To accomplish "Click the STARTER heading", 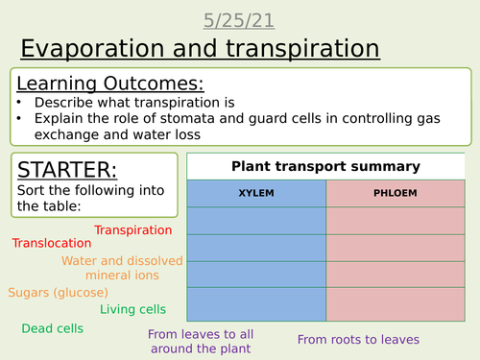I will (x=66, y=169).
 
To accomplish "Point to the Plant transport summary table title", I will (x=326, y=166).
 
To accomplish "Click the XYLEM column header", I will (x=256, y=193).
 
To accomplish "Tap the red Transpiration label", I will (x=133, y=230).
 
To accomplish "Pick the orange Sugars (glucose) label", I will (x=59, y=292).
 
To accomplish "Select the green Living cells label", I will (x=133, y=309).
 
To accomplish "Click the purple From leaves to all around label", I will (x=202, y=341).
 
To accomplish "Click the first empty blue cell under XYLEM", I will (x=256, y=221).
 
